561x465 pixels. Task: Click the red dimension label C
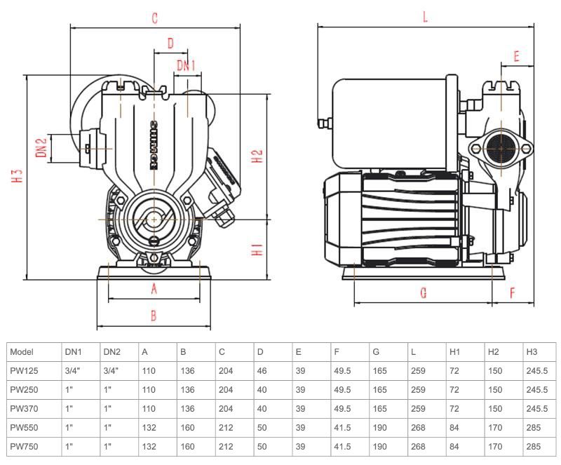(155, 18)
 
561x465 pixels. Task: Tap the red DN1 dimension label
(186, 66)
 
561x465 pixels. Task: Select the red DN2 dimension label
(41, 148)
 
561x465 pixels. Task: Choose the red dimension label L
(425, 18)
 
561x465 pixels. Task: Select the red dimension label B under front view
(154, 316)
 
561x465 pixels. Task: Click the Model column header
(22, 352)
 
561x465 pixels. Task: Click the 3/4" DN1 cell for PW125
(73, 371)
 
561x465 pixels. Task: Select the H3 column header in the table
(532, 352)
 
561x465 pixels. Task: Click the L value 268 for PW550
(419, 426)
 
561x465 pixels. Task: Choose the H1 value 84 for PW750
(455, 445)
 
